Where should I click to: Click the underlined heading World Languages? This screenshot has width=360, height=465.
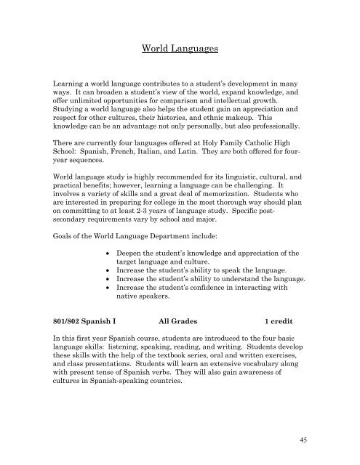180,49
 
